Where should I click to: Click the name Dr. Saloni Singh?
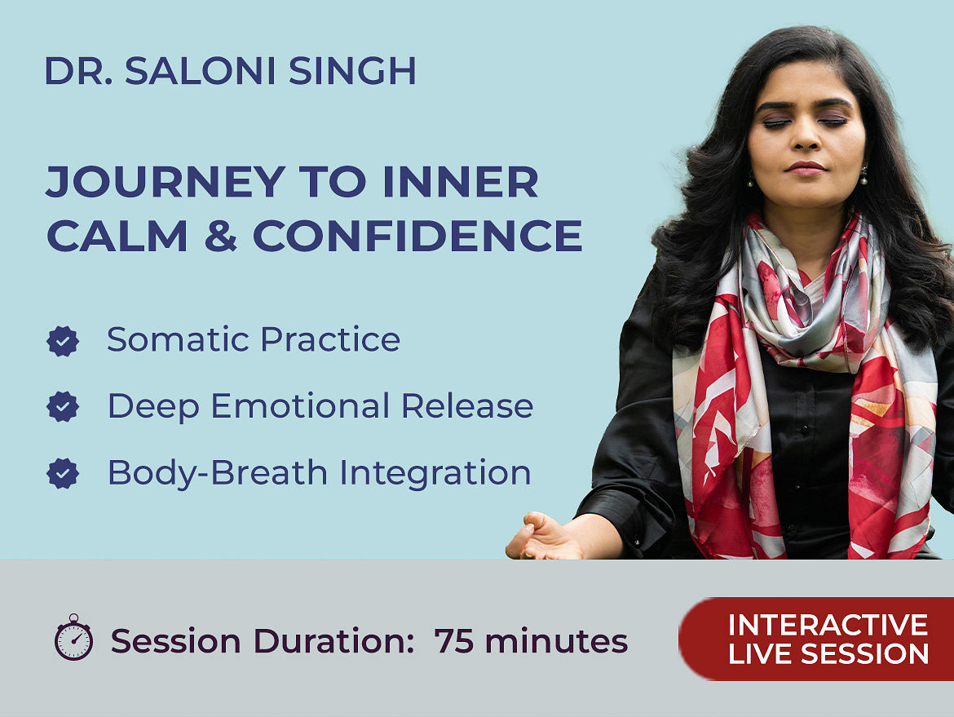[231, 71]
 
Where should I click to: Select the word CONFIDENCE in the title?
[418, 236]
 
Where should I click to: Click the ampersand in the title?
[220, 236]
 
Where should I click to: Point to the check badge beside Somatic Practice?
[63, 341]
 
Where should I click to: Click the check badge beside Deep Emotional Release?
[63, 406]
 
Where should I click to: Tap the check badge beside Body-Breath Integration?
[63, 473]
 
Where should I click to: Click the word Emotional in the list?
[300, 405]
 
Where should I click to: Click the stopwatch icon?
[73, 637]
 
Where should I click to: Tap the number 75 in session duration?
[454, 641]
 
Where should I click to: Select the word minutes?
[556, 641]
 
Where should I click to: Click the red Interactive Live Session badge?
[816, 639]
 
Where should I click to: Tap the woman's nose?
[806, 138]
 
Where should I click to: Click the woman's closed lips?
[806, 168]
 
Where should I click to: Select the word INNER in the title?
[461, 181]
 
